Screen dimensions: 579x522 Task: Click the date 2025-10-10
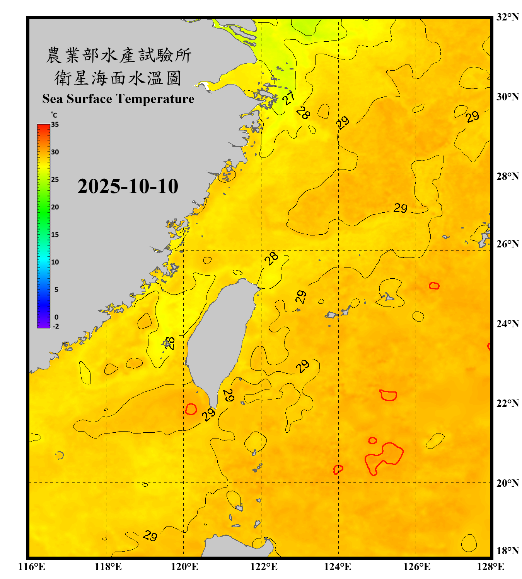click(x=128, y=186)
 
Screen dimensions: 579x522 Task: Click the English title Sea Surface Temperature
click(x=118, y=99)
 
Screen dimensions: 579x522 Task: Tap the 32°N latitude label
click(x=507, y=17)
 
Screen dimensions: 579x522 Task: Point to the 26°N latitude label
click(x=507, y=244)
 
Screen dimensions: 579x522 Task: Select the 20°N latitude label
click(x=507, y=483)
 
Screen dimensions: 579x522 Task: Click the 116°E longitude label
click(x=32, y=567)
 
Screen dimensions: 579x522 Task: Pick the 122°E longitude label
click(x=264, y=567)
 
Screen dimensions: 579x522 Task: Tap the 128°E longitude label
click(x=490, y=567)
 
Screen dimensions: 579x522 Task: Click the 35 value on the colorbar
click(x=55, y=125)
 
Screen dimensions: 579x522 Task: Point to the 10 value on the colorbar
click(x=55, y=262)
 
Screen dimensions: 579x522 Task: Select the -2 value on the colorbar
click(x=56, y=327)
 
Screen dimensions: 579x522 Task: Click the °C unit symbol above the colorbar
click(x=54, y=115)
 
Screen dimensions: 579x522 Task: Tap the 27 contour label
click(x=289, y=98)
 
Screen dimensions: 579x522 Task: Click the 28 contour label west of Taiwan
click(x=170, y=343)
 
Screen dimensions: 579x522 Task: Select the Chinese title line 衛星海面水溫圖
click(x=118, y=78)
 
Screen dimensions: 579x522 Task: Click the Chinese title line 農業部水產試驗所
click(x=118, y=55)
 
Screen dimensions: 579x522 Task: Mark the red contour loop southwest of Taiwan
click(x=191, y=409)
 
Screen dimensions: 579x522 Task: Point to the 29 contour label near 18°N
click(x=150, y=536)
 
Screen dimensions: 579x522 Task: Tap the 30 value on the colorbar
click(x=55, y=152)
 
